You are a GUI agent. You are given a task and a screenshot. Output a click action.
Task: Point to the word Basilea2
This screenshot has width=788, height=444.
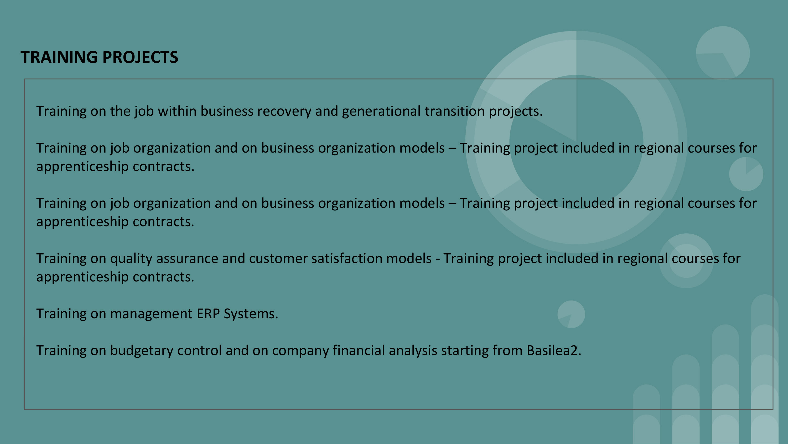coord(554,351)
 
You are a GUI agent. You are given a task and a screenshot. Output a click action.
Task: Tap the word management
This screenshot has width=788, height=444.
coord(151,314)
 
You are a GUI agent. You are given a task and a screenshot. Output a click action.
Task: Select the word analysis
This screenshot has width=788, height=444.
coord(413,351)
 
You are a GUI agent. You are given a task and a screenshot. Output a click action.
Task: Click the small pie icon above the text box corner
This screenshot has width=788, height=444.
coord(723,53)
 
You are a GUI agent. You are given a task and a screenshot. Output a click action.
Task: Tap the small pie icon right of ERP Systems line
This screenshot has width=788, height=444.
coord(571,314)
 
